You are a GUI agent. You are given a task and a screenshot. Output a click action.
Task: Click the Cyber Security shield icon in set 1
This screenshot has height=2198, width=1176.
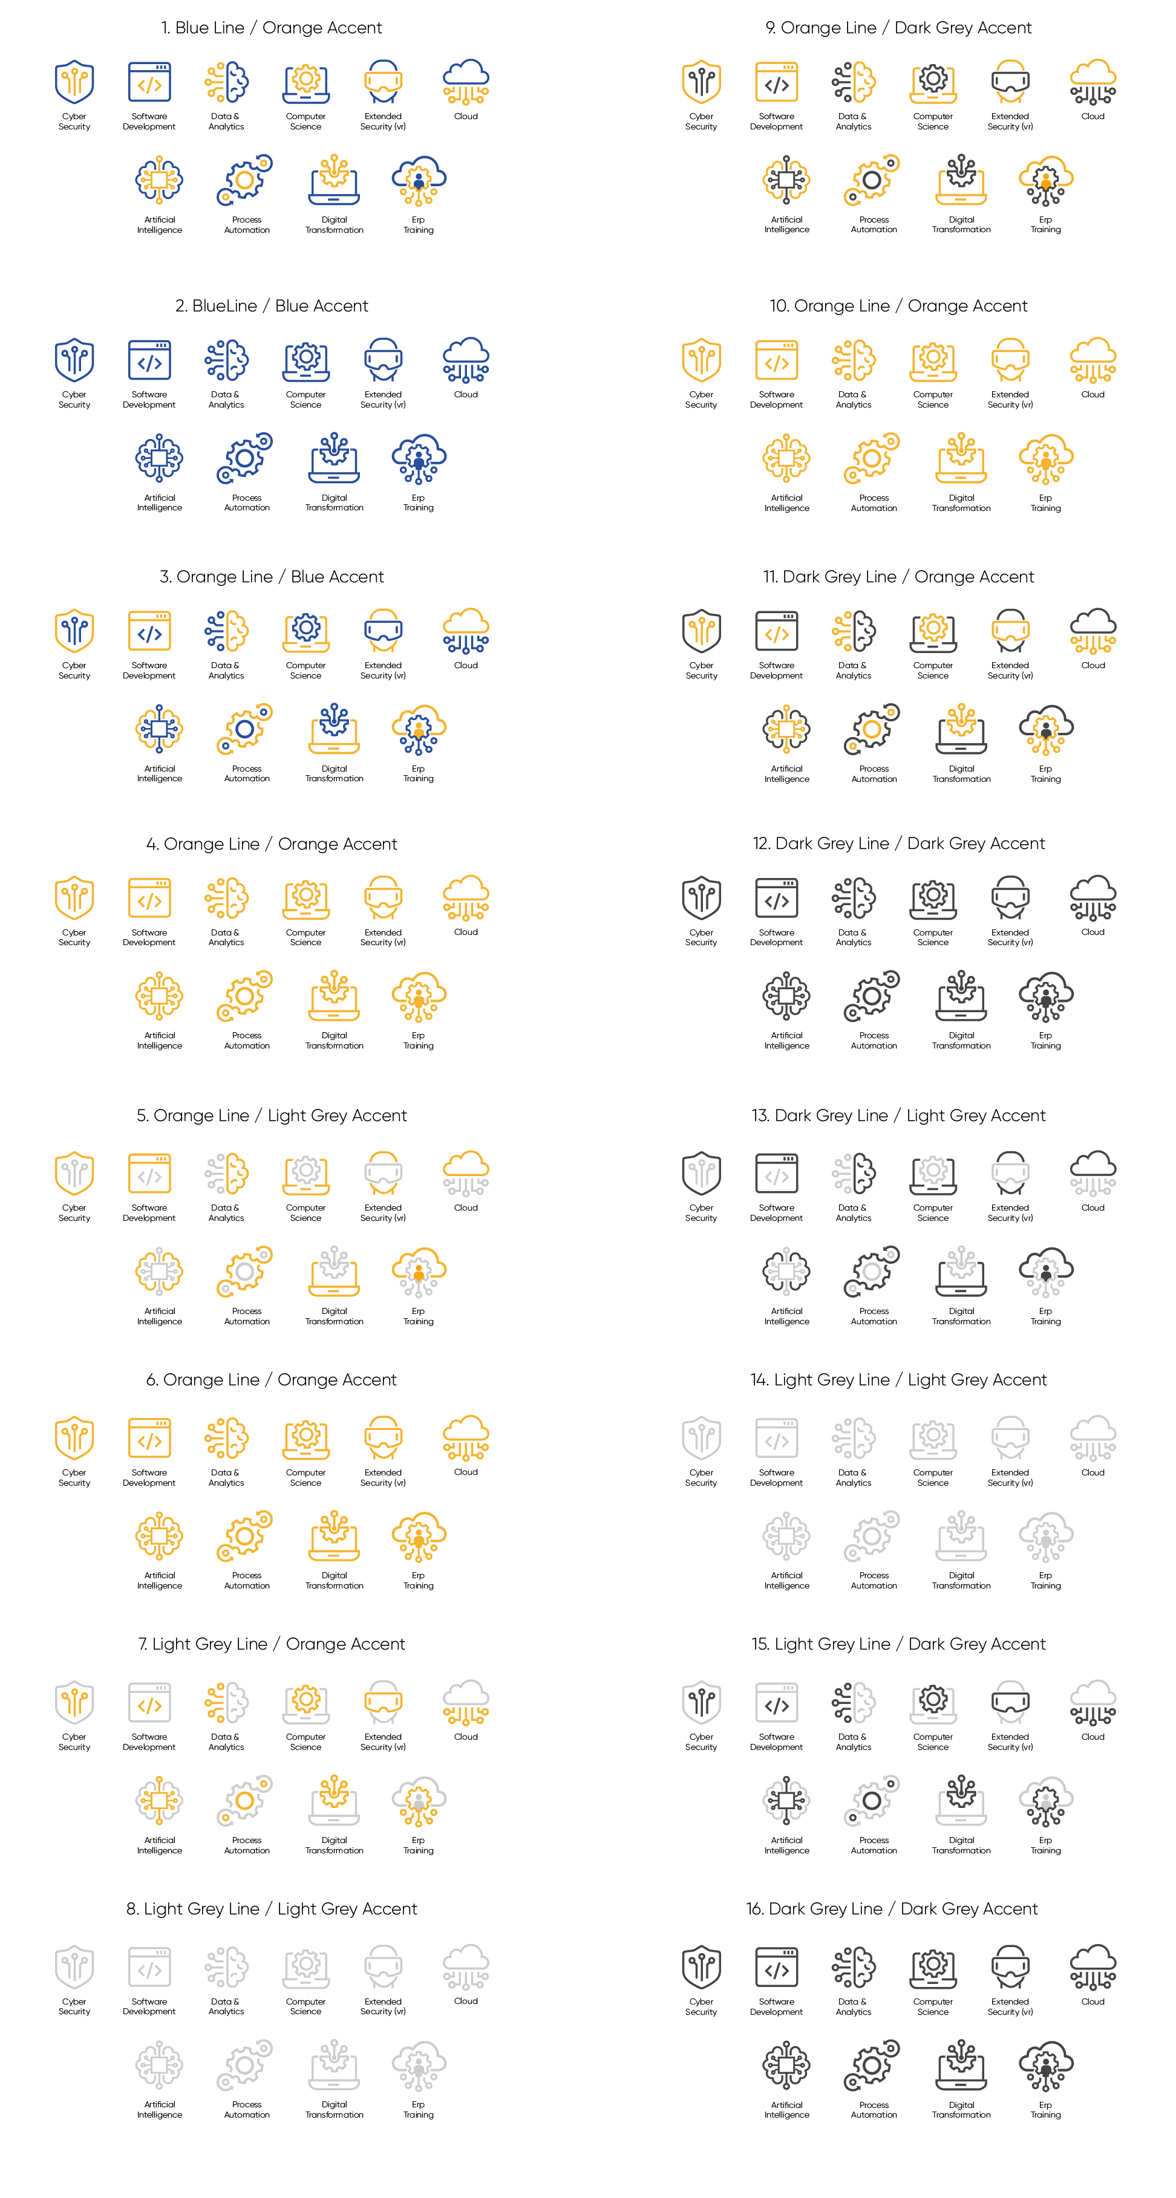pos(74,81)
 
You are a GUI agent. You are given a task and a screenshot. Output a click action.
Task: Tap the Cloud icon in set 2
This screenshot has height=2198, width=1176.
pos(466,360)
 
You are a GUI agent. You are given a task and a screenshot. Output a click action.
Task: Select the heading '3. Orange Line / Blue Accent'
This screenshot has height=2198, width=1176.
pos(272,577)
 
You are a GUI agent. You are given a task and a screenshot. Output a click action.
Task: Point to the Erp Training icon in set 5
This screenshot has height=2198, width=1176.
pos(418,1272)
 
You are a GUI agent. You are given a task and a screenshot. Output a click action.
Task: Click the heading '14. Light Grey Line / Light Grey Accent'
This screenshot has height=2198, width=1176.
pos(898,1380)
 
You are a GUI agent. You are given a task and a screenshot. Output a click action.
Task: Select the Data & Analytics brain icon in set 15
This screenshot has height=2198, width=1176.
pos(854,1703)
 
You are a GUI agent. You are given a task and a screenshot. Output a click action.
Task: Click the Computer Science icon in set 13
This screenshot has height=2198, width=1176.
pos(933,1173)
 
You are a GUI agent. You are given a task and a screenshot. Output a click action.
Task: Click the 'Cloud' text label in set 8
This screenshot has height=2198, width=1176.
pos(466,2001)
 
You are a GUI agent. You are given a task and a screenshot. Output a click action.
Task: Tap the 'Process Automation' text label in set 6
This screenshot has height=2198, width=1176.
pos(247,1580)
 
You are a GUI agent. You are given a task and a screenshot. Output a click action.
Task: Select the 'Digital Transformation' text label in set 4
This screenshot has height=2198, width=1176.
pos(334,1040)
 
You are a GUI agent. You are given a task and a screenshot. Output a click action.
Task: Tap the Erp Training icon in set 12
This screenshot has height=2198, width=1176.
pos(1045,997)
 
